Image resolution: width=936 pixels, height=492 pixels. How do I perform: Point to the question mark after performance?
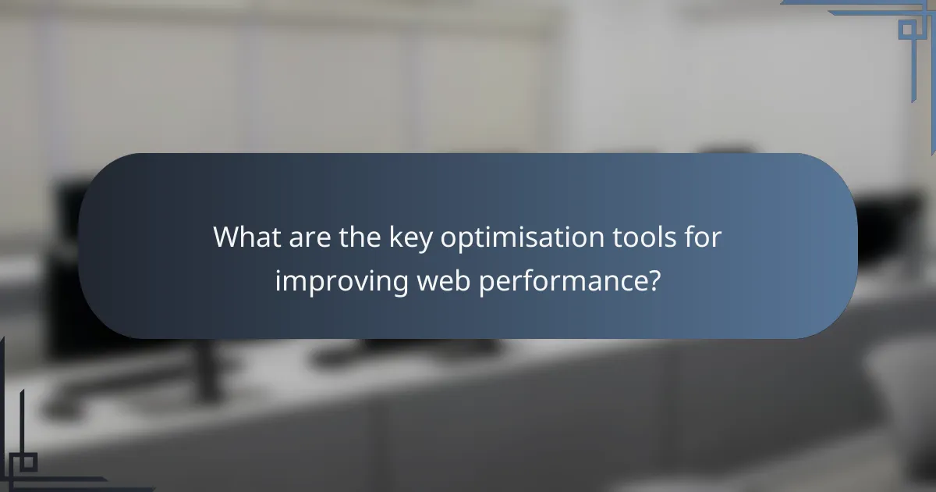coord(653,280)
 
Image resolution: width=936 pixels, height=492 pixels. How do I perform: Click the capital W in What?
coord(229,237)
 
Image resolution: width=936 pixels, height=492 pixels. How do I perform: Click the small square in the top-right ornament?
coord(906,30)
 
